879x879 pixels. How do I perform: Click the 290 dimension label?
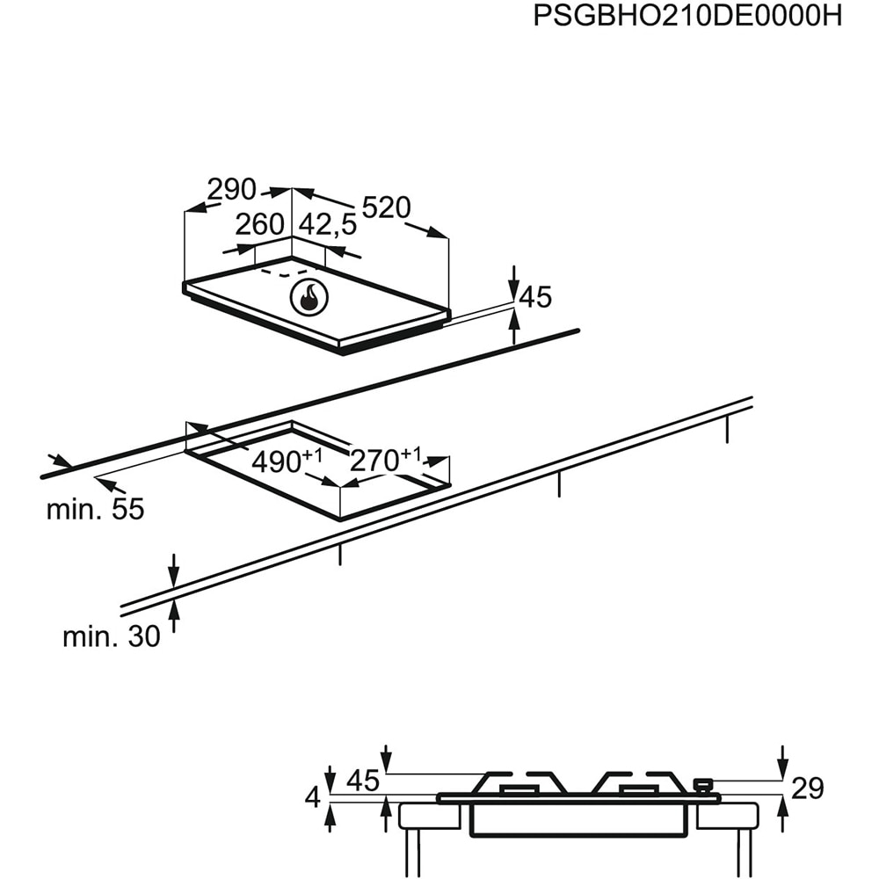coord(231,189)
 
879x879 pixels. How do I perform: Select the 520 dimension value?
coord(386,208)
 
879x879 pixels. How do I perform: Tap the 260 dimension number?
coord(259,225)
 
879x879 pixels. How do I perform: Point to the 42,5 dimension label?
coord(328,225)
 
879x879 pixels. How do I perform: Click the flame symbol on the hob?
coord(309,299)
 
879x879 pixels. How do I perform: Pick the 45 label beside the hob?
coord(534,298)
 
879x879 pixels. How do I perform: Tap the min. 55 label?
coord(95,509)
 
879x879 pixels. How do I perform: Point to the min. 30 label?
coord(112,636)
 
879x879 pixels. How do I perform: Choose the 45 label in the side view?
coord(362,780)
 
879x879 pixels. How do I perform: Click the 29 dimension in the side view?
coord(807,788)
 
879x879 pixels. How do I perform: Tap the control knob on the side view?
coord(702,784)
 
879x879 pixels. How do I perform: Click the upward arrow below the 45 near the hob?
coord(514,327)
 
